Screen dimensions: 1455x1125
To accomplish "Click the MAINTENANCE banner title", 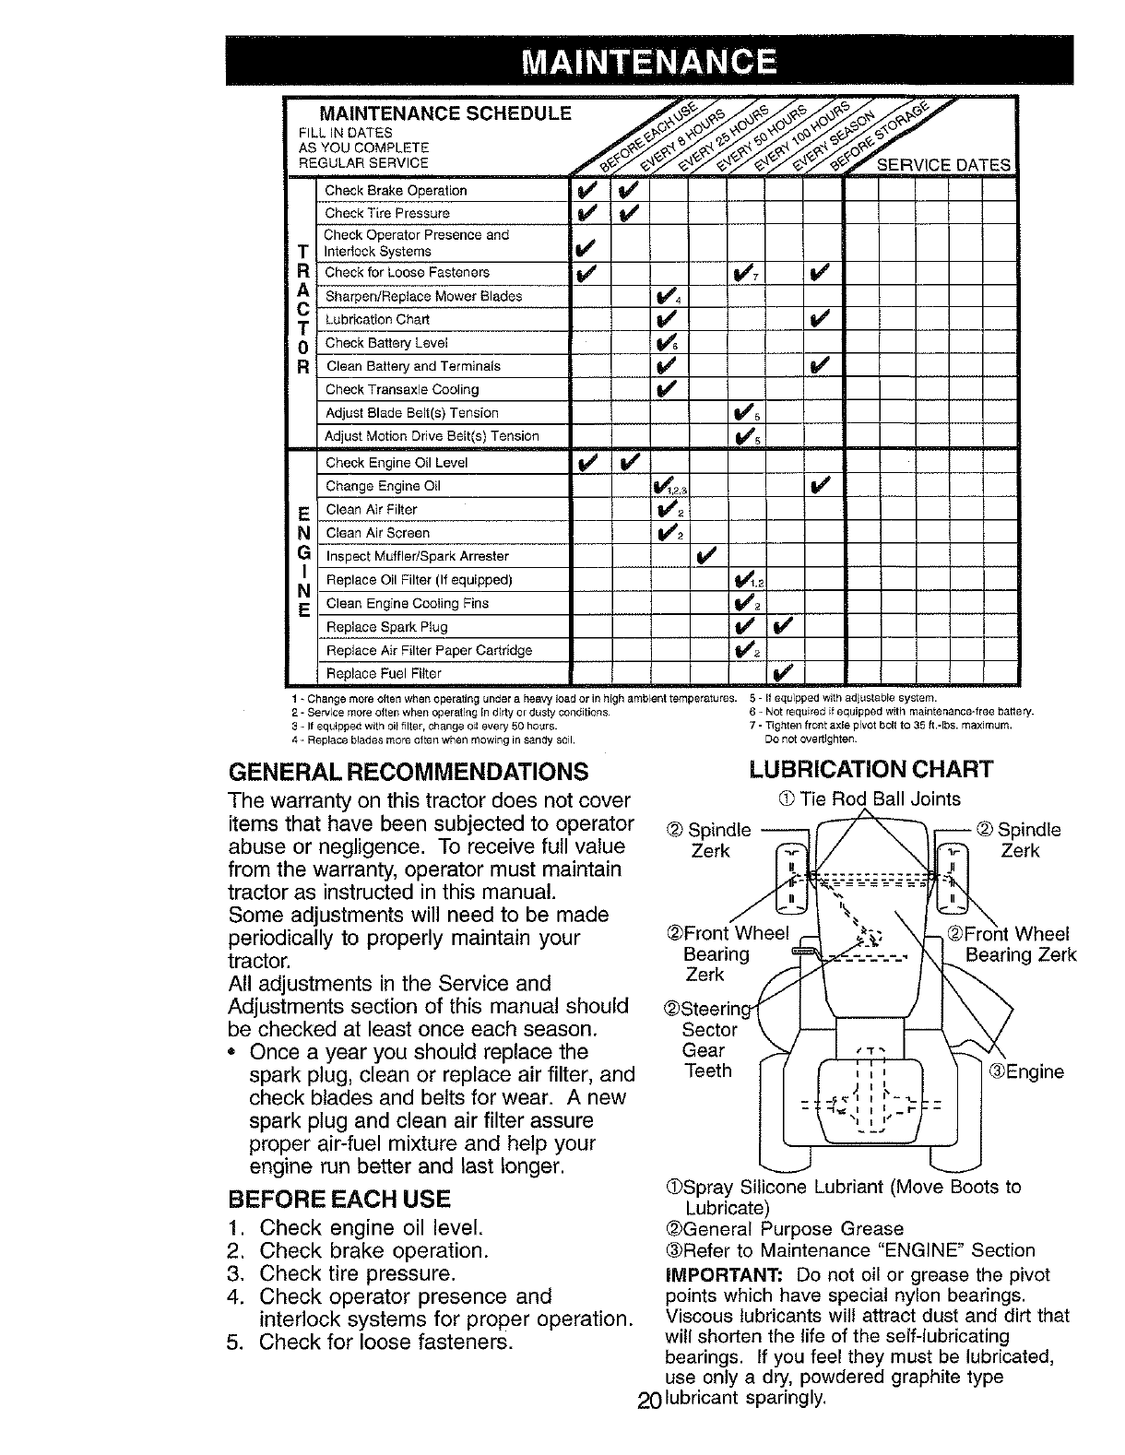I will pyautogui.click(x=648, y=62).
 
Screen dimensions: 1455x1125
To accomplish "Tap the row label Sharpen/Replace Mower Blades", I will pyautogui.click(x=424, y=297).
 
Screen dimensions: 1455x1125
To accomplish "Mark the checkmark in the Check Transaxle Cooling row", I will pyautogui.click(x=668, y=389).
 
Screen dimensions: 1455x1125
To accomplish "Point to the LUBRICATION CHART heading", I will pyautogui.click(x=870, y=770).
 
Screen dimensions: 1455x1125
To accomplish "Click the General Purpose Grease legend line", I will pyautogui.click(x=784, y=1229).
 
